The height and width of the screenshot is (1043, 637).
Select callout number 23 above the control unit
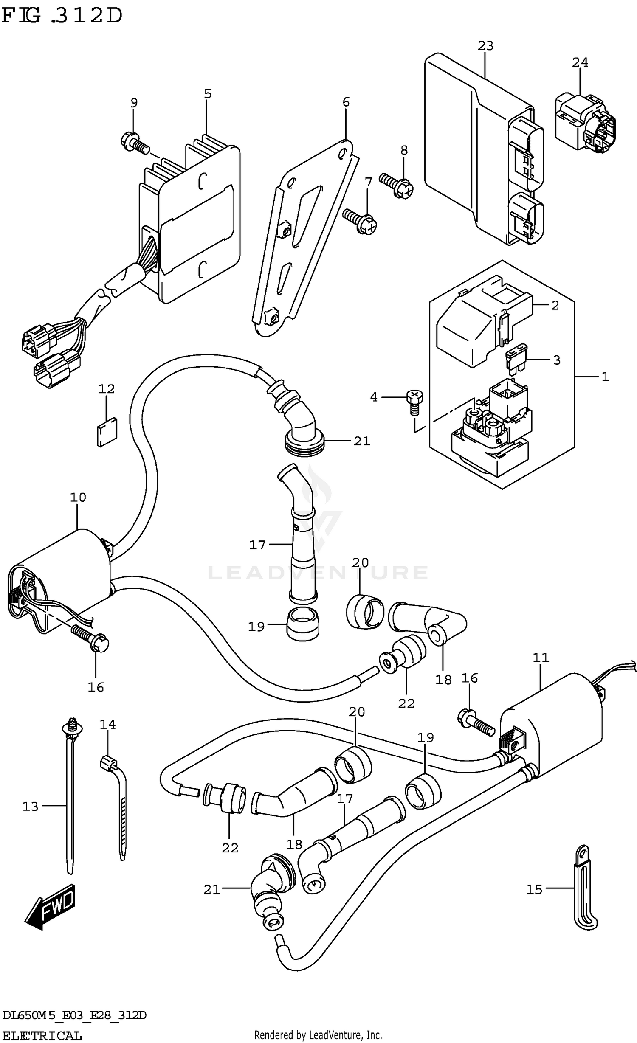(x=485, y=46)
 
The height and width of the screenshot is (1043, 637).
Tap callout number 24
(x=580, y=63)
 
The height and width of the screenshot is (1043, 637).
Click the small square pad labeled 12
(x=107, y=432)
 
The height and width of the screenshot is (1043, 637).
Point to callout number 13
(x=31, y=806)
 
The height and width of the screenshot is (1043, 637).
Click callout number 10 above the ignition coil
(x=78, y=497)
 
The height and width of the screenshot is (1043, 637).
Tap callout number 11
(x=541, y=658)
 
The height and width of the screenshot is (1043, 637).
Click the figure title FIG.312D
(x=62, y=16)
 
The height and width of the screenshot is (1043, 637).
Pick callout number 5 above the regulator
(x=207, y=94)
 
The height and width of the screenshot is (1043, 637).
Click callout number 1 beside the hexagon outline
(x=605, y=377)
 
